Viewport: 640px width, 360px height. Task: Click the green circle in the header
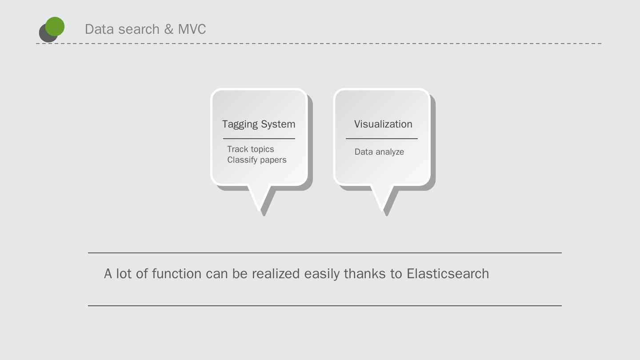55,26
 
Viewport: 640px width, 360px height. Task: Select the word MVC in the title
192,29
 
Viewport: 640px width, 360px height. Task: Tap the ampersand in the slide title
169,29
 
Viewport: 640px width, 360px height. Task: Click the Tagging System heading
259,124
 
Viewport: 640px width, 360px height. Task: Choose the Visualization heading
383,124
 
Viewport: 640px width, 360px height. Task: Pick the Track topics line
251,149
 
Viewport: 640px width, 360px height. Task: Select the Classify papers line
257,160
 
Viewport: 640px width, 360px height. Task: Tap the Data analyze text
379,152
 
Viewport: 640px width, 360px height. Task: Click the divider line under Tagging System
259,139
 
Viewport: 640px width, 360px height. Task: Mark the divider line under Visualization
381,139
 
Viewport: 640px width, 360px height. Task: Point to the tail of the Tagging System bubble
259,198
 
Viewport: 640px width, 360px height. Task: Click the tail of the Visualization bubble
382,198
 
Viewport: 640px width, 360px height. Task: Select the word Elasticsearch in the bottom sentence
448,273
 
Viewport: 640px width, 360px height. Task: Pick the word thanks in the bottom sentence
365,273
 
